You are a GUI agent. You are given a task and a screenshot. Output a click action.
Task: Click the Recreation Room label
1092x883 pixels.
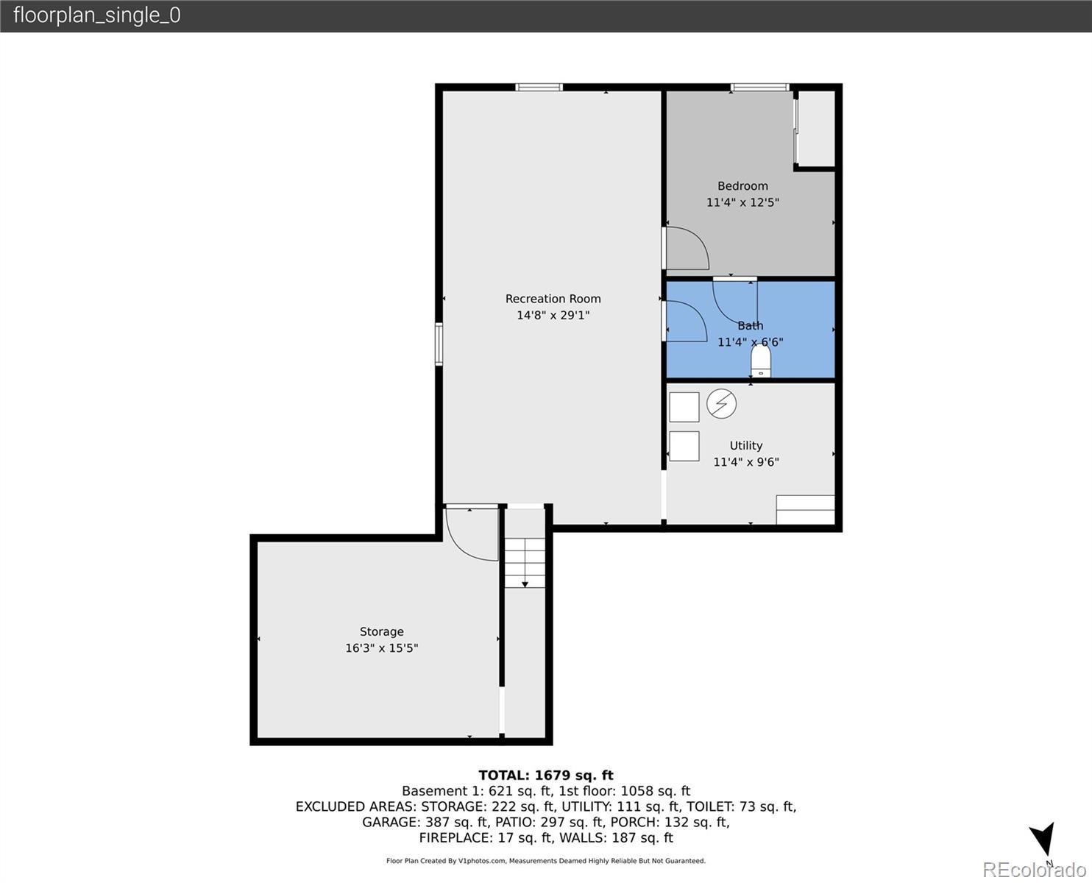pyautogui.click(x=553, y=299)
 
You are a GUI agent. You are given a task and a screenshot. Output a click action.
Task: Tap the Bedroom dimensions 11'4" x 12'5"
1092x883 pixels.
pyautogui.click(x=742, y=202)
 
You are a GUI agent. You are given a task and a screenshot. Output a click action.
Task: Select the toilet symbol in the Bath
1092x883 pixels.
pyautogui.click(x=761, y=361)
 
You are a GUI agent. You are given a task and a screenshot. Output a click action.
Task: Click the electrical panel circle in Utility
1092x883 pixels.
pyautogui.click(x=721, y=404)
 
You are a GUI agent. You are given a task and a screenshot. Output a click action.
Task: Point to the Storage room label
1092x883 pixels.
pyautogui.click(x=381, y=632)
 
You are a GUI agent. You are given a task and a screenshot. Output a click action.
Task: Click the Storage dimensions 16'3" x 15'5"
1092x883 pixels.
pyautogui.click(x=381, y=648)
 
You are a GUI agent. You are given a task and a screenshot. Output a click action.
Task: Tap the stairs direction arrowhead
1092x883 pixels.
pyautogui.click(x=525, y=585)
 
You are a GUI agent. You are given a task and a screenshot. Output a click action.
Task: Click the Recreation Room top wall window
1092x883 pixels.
pyautogui.click(x=539, y=87)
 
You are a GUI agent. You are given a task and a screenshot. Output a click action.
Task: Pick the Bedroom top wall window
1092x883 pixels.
pyautogui.click(x=759, y=87)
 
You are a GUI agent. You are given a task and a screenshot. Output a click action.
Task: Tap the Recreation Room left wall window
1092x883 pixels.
pyautogui.click(x=439, y=344)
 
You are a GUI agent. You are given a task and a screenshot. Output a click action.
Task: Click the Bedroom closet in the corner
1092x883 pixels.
pyautogui.click(x=817, y=129)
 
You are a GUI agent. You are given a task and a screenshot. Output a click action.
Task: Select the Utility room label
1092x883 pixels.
pyautogui.click(x=746, y=446)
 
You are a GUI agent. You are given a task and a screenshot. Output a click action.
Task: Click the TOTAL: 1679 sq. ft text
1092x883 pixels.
pyautogui.click(x=546, y=776)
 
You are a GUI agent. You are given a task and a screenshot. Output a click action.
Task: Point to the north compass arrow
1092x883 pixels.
pyautogui.click(x=1044, y=838)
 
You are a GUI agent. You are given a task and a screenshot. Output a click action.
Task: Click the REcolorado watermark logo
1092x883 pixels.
pyautogui.click(x=1034, y=870)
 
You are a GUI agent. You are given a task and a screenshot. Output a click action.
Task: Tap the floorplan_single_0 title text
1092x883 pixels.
pyautogui.click(x=97, y=15)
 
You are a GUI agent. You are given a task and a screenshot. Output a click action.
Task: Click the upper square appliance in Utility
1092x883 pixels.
pyautogui.click(x=684, y=408)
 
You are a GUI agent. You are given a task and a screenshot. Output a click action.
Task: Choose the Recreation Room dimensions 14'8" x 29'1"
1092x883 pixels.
pyautogui.click(x=553, y=315)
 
